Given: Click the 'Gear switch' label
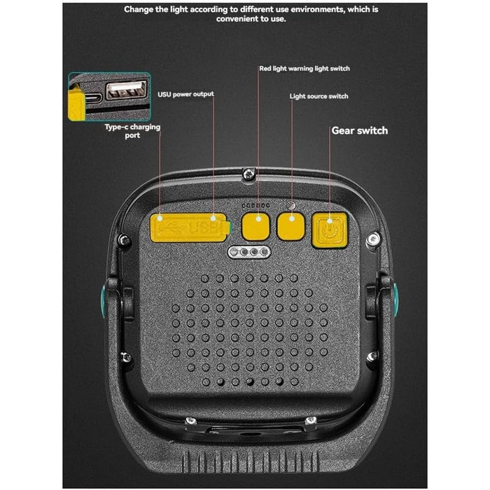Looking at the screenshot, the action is pos(359,130).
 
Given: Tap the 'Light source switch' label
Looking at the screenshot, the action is pos(318,97).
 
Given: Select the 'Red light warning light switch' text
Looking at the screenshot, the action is pos(304,69).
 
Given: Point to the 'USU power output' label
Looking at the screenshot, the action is pos(185,94).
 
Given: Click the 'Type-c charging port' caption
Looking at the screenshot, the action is pos(132,131).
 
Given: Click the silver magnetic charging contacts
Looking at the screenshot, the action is pos(249,252).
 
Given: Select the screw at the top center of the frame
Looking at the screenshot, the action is pos(249,174).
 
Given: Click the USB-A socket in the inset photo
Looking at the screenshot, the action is pos(126,90).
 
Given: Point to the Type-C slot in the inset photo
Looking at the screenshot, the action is pos(93,98).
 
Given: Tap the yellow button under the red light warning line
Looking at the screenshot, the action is pos(255,226).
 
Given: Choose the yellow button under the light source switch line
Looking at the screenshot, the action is pos(291,226).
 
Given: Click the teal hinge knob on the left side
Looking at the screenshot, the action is pos(102,302).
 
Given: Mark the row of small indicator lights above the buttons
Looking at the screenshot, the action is pos(255,205).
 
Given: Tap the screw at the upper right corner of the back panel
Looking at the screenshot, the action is pos(373,239).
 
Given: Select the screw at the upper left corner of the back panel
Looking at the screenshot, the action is pos(125,240).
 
